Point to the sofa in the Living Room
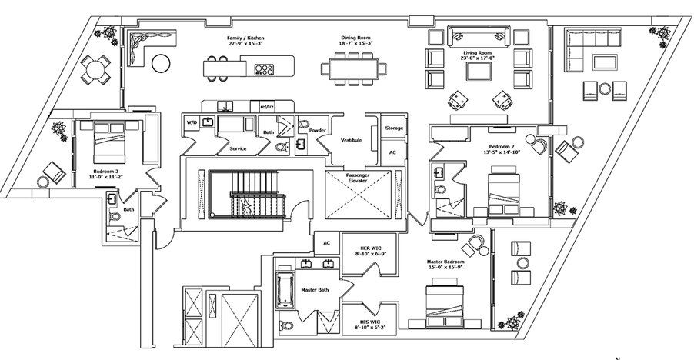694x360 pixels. [x=479, y=35]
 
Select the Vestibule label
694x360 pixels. [x=352, y=140]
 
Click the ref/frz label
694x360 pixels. [x=268, y=106]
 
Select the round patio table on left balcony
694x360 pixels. [x=96, y=72]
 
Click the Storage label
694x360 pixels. [x=394, y=128]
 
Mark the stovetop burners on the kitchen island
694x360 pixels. [x=264, y=69]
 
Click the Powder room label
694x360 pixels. [x=318, y=131]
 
